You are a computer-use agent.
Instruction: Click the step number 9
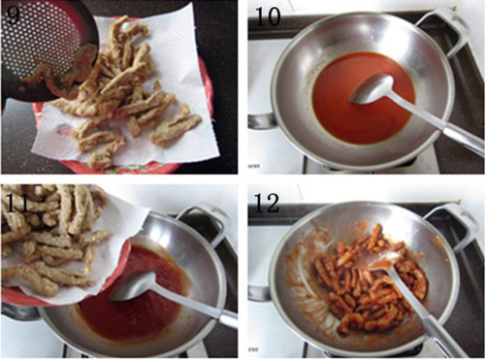pyautogui.click(x=13, y=15)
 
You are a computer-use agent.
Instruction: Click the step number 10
pyautogui.click(x=268, y=16)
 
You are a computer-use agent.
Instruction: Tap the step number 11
pyautogui.click(x=16, y=202)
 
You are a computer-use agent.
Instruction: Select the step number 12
pyautogui.click(x=267, y=203)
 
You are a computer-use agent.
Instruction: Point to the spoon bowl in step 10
pyautogui.click(x=372, y=88)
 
